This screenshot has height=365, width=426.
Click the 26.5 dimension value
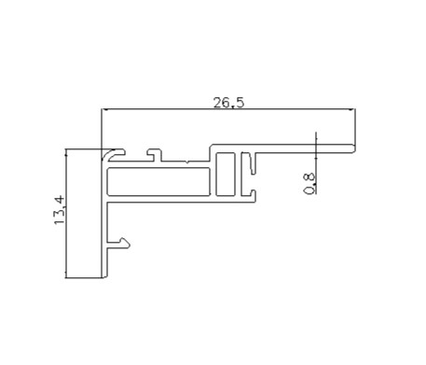pos(228,103)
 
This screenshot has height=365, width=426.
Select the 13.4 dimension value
pos(59,210)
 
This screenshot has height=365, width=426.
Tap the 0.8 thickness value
pos(309,184)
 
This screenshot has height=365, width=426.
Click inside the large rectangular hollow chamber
pos(158,182)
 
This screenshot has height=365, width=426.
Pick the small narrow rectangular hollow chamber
pos(226,174)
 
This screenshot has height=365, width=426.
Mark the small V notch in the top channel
pos(186,161)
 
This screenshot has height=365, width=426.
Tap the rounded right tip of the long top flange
pos(354,148)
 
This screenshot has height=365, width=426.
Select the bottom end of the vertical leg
pos(104,276)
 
